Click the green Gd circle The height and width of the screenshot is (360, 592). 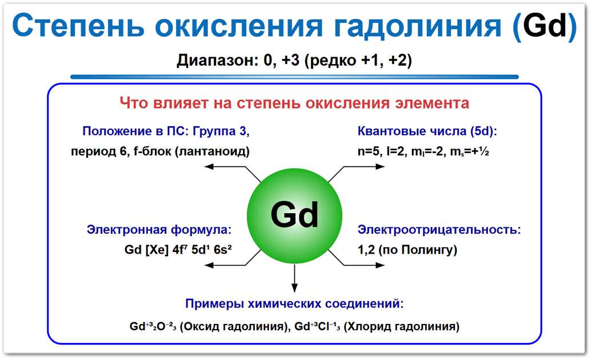click(x=294, y=215)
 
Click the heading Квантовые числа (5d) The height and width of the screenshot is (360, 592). click(x=427, y=131)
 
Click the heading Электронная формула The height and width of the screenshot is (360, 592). click(x=159, y=230)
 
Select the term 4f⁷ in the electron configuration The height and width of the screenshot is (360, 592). click(x=179, y=250)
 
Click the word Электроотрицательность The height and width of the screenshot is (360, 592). click(x=439, y=230)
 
